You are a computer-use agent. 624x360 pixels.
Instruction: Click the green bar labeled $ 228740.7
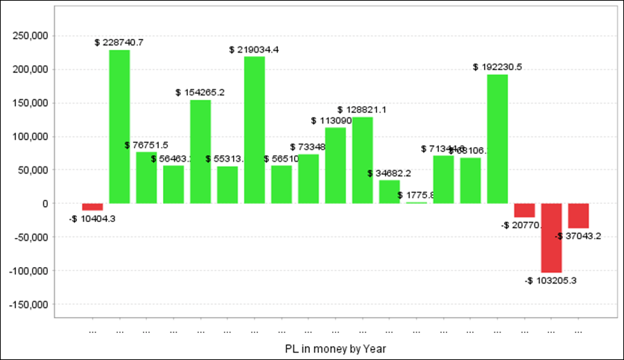tap(119, 126)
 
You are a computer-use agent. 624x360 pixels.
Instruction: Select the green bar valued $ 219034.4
tap(254, 130)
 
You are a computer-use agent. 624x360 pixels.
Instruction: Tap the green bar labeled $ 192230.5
tap(497, 139)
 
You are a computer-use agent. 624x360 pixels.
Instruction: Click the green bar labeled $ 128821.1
tap(363, 160)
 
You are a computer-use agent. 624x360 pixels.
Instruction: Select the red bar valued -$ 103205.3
tap(551, 238)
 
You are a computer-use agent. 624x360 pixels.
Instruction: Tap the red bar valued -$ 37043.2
tap(578, 216)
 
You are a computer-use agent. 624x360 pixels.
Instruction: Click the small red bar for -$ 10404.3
tap(92, 207)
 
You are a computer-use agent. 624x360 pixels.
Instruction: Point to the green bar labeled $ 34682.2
tap(390, 191)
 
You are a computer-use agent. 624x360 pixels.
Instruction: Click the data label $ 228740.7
tap(119, 42)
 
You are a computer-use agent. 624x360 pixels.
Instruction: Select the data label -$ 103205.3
tap(551, 280)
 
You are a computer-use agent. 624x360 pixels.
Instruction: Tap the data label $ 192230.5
tap(497, 67)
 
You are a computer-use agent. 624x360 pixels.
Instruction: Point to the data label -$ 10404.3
tap(92, 218)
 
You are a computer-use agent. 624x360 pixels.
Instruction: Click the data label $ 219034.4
tap(254, 50)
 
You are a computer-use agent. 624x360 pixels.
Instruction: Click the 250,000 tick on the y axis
tap(31, 36)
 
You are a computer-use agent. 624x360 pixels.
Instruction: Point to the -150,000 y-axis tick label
tap(28, 305)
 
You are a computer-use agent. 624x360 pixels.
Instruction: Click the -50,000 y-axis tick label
tap(31, 237)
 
